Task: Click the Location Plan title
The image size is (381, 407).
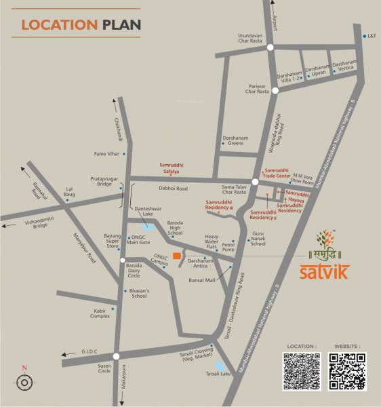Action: [81, 25]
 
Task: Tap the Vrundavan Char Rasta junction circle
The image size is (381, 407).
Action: [270, 47]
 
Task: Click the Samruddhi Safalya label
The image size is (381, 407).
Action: [171, 167]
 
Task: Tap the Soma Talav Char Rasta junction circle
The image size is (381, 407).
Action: [255, 182]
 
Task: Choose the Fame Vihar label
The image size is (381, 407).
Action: [106, 154]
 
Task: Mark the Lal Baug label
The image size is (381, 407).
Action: [69, 191]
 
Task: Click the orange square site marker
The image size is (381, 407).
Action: [176, 256]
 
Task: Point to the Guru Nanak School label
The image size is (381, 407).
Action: [258, 239]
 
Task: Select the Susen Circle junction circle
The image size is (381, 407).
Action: [117, 357]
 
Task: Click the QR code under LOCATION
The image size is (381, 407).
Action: [302, 372]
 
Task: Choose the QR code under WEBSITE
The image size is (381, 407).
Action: [347, 372]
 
